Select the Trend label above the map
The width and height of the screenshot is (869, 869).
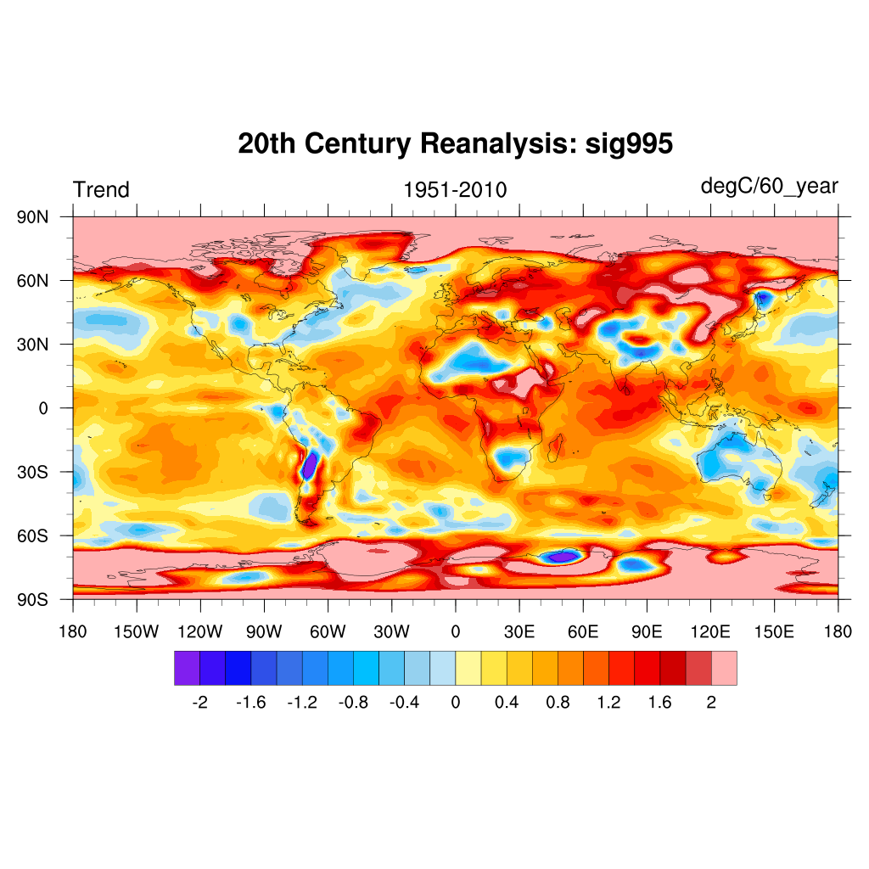[101, 190]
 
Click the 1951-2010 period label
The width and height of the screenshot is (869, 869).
[455, 190]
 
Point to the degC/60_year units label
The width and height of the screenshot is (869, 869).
[769, 186]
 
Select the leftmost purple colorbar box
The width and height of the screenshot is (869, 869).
[187, 668]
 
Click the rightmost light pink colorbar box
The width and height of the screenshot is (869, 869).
[724, 668]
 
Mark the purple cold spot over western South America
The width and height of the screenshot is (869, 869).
[310, 465]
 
